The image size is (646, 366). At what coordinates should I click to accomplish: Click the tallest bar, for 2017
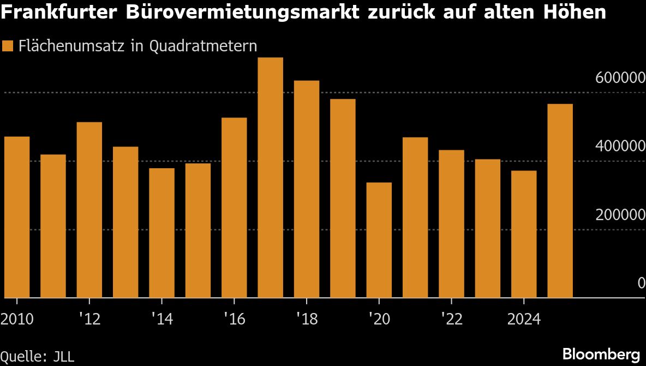point(270,178)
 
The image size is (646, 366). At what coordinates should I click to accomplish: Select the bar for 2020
point(379,240)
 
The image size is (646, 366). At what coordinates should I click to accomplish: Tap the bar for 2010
point(17,217)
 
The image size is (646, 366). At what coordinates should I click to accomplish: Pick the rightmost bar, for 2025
point(560,200)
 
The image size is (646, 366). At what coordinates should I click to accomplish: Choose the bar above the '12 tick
point(89,210)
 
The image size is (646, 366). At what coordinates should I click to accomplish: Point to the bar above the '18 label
point(306,189)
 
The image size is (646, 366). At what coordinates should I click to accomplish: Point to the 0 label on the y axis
point(642,283)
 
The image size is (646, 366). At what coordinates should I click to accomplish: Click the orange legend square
point(8,46)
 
